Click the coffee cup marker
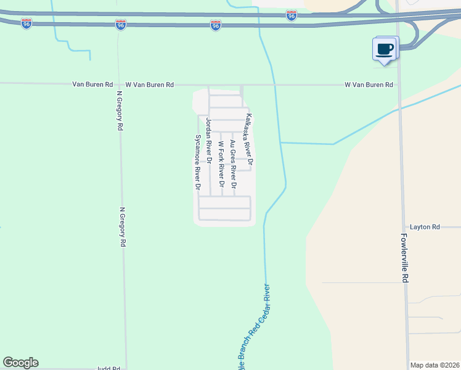pos(385,49)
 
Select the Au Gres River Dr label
pos(233,164)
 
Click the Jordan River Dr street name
pos(209,140)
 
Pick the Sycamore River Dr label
pos(198,162)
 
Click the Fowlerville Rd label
pos(404,258)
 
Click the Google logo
pos(20,363)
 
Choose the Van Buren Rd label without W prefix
pos(92,84)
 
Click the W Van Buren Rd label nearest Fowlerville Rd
pos(369,84)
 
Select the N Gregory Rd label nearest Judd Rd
pos(123,227)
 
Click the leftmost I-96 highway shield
pos(26,23)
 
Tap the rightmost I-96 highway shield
pos(292,15)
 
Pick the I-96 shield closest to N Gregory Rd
pos(120,25)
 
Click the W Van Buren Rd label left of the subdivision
pos(150,84)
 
